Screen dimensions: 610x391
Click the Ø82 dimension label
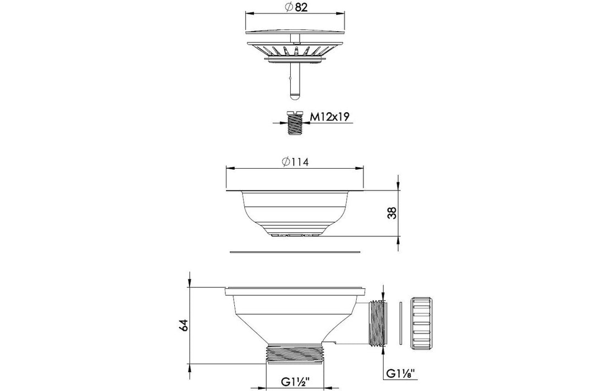[x=296, y=7]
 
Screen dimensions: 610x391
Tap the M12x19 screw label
[x=329, y=116]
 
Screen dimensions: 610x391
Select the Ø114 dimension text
[x=296, y=161]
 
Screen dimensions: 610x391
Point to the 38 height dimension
[x=393, y=213]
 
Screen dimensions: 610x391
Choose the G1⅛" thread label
[x=400, y=374]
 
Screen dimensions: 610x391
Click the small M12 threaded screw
[x=294, y=122]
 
